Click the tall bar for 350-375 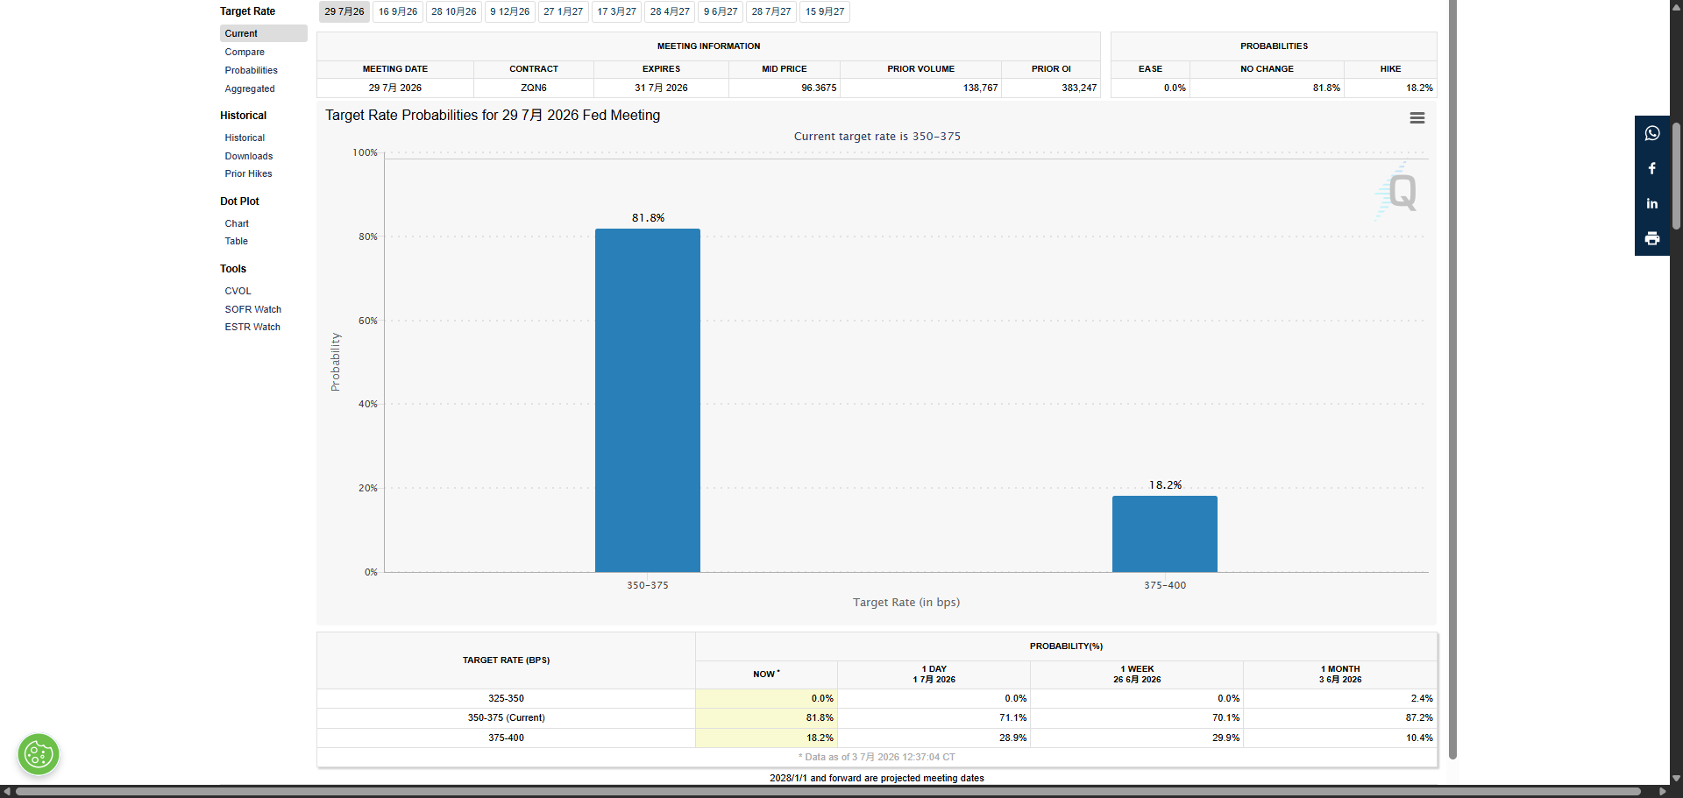point(648,400)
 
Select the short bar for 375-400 point(1165,534)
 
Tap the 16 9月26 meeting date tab point(398,11)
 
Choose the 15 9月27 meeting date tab point(825,11)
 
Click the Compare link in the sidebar point(245,52)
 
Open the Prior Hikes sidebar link point(248,173)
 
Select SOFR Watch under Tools point(252,309)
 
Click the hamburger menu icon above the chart point(1417,118)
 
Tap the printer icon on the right point(1652,238)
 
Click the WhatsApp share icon point(1652,133)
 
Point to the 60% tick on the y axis point(368,321)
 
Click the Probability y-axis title point(335,362)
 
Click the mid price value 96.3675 point(819,88)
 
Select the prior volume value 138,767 point(980,88)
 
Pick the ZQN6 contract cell point(534,88)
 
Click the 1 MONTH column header point(1340,674)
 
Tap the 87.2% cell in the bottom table point(1419,717)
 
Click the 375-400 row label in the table point(506,738)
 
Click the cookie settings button point(39,754)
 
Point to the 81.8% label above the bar point(648,217)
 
